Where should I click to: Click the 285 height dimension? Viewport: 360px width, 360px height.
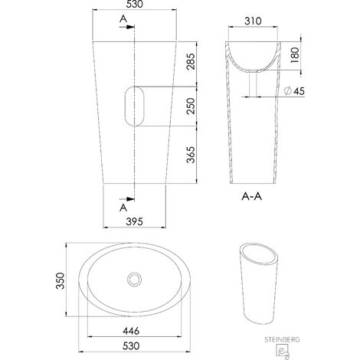coord(191,61)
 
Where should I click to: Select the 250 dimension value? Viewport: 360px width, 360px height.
coord(191,106)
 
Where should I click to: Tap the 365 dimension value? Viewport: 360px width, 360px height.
coord(191,155)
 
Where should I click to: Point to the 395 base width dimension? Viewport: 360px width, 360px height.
coord(135,221)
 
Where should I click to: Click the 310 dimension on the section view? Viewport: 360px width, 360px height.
coord(253,21)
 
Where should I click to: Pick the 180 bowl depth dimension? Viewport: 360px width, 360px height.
coord(295,55)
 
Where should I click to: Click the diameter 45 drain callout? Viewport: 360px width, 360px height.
coord(294,91)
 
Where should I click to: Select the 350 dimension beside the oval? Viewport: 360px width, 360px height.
coord(61,280)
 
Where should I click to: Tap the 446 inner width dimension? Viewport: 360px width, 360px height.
coord(131,331)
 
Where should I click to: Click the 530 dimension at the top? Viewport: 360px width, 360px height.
coord(135,4)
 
